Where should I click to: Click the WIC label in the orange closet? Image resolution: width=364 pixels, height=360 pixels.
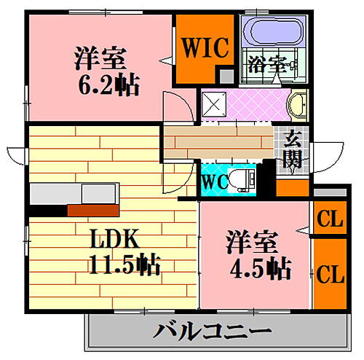205,47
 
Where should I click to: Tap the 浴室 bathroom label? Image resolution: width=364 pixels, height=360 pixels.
268,65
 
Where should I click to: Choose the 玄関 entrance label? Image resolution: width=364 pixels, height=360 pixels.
293,150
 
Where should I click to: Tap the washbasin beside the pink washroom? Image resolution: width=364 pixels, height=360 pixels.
297,105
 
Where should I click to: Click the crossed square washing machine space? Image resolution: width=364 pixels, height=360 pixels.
214,105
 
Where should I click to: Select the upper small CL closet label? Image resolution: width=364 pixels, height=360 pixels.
330,219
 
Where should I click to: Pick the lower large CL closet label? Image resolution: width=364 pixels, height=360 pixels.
331,274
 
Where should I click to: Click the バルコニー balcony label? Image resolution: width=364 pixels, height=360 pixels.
212,331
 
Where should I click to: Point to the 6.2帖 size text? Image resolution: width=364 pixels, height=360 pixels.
108,85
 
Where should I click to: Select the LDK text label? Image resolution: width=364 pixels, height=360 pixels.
115,238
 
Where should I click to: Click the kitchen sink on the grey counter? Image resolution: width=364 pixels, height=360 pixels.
98,194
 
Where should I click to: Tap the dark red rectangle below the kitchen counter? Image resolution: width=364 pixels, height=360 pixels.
93,211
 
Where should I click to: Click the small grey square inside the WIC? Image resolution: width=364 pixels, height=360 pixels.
226,76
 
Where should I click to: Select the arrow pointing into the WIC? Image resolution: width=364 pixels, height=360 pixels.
167,60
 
